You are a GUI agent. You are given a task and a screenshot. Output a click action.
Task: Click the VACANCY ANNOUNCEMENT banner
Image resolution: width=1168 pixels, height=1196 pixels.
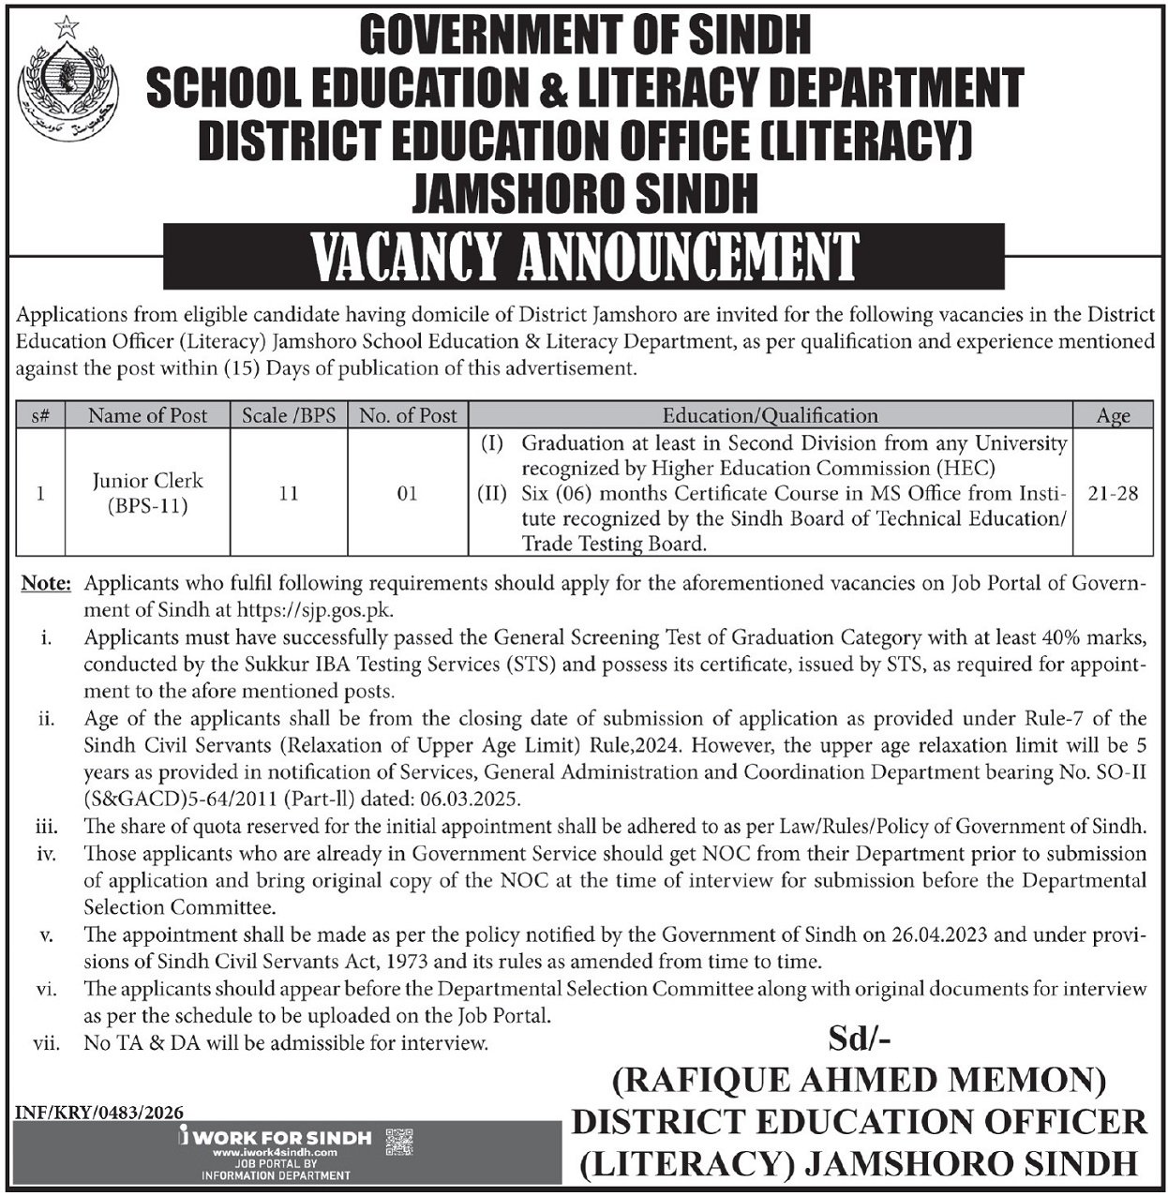click(584, 257)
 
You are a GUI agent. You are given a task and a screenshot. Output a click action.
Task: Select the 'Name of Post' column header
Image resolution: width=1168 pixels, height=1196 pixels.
click(147, 415)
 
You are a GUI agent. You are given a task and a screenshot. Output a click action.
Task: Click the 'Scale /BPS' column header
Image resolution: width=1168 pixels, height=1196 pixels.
click(289, 415)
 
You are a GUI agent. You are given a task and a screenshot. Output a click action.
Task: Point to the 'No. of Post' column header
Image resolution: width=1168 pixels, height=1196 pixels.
click(408, 415)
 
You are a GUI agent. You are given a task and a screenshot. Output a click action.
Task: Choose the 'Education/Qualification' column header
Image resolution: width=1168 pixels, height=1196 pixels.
click(770, 415)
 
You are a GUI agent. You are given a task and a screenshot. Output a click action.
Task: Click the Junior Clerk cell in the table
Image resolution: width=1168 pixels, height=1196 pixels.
click(147, 493)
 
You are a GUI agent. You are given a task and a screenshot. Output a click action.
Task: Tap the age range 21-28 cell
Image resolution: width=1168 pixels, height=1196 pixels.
click(1114, 493)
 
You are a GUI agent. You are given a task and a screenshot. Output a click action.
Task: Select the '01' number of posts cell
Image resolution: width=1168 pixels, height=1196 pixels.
click(407, 493)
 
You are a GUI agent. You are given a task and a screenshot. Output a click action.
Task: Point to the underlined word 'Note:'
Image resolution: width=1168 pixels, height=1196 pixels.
click(46, 584)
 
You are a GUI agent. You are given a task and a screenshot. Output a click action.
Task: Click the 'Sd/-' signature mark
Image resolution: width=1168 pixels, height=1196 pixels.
click(859, 1039)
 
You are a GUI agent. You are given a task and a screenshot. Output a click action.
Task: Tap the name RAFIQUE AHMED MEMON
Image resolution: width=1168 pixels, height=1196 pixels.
click(859, 1081)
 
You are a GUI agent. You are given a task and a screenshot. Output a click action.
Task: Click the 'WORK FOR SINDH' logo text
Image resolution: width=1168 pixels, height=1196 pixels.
click(280, 1138)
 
